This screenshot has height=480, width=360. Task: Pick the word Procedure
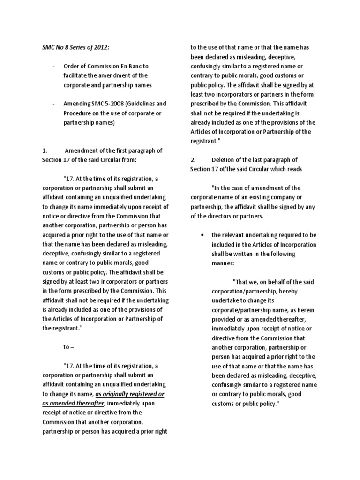pos(78,112)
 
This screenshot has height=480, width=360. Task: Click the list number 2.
pos(193,160)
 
